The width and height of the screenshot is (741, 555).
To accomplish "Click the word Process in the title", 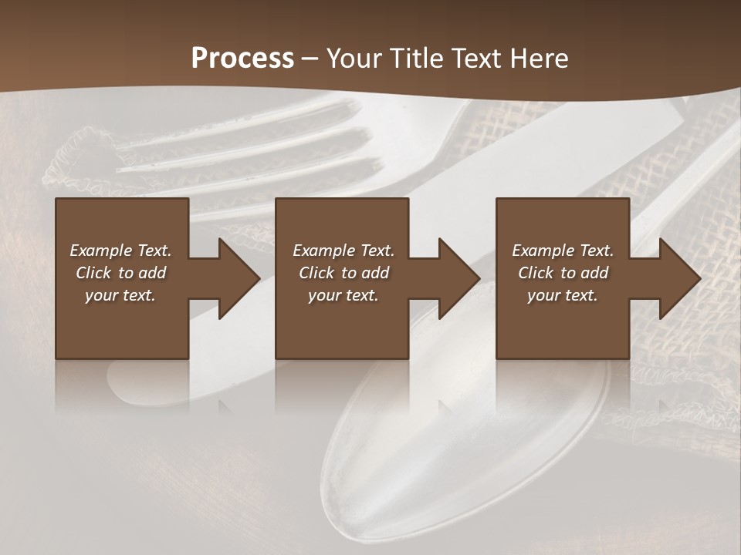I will [242, 59].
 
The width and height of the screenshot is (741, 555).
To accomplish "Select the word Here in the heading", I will [540, 59].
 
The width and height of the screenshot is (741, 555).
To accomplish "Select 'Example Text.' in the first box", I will [120, 251].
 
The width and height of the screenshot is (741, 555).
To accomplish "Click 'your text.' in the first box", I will [120, 295].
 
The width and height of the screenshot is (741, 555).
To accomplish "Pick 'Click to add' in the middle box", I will [343, 273].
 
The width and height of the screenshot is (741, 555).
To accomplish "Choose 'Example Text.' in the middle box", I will [343, 251].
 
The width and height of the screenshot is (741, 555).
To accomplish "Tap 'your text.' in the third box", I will [563, 295].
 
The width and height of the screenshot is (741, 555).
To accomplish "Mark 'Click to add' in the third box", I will [563, 273].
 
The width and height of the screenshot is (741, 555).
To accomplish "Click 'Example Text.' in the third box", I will [563, 251].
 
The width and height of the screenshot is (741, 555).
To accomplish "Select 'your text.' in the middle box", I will [343, 295].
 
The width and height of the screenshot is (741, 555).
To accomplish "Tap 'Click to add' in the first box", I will [120, 273].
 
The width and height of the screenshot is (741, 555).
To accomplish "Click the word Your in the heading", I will [354, 59].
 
